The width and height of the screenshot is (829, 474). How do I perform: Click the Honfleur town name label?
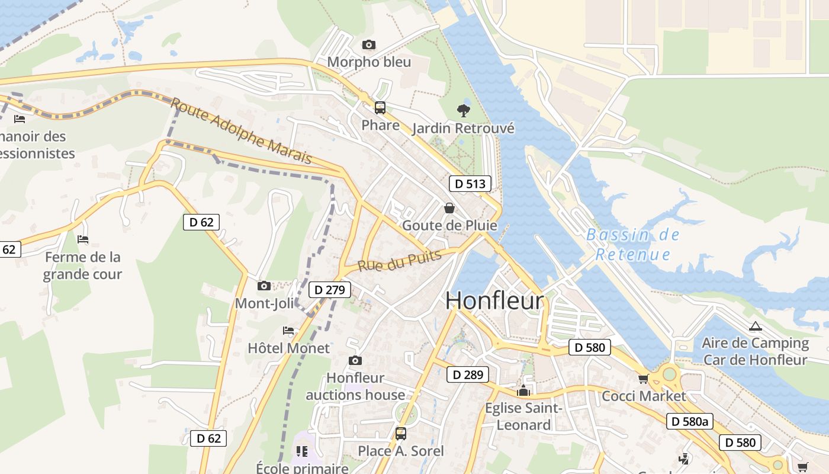click(494, 300)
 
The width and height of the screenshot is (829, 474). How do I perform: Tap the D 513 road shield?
click(470, 184)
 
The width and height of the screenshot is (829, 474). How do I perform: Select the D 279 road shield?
click(330, 290)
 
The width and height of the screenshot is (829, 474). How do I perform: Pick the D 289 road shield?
click(468, 374)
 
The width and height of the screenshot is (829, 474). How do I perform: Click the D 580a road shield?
click(689, 421)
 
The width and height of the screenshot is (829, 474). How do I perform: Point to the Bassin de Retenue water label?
click(632, 245)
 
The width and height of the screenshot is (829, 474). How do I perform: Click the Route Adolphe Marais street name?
click(241, 132)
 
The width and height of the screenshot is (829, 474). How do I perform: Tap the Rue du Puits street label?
click(400, 261)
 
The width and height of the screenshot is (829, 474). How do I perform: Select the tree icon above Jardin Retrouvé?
click(464, 110)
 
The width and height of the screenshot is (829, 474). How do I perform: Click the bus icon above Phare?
click(380, 108)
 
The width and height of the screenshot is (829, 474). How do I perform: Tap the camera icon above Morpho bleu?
click(368, 44)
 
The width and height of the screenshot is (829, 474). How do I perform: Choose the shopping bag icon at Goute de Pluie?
click(449, 208)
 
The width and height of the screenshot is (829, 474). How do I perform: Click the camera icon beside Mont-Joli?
click(264, 286)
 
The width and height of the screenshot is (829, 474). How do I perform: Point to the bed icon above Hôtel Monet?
click(288, 331)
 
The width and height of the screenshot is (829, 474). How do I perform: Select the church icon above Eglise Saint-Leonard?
click(523, 390)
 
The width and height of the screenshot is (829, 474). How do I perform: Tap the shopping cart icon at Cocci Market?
click(643, 379)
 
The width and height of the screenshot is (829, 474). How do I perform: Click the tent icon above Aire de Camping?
click(755, 326)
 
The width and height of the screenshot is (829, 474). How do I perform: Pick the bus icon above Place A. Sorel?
click(401, 433)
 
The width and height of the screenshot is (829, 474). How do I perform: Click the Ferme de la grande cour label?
click(83, 265)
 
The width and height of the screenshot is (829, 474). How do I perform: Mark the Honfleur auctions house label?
click(355, 386)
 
